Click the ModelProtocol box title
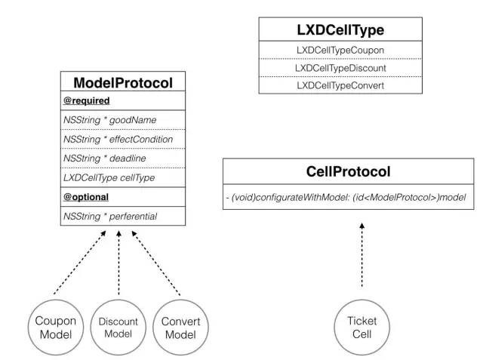point(123,83)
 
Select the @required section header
point(87,100)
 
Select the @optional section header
point(86,197)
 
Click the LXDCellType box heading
point(340,30)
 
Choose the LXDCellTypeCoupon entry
point(340,51)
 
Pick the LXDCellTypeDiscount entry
point(340,68)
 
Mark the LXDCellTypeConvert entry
point(340,85)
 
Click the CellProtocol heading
point(349,171)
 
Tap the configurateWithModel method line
point(346,197)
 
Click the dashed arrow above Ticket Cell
point(362,255)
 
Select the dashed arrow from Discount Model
point(118,263)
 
